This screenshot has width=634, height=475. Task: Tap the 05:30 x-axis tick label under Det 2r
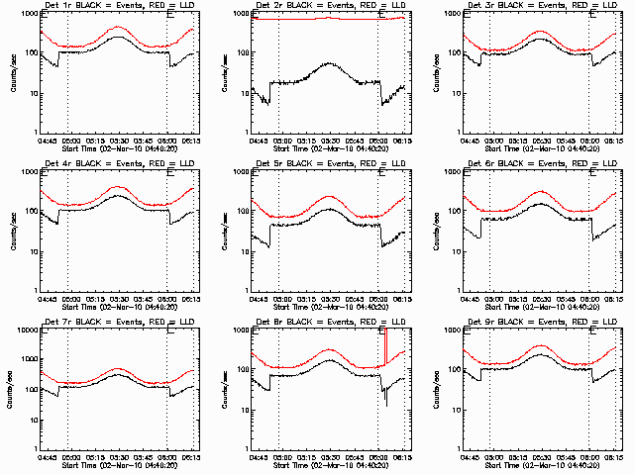coord(330,140)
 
